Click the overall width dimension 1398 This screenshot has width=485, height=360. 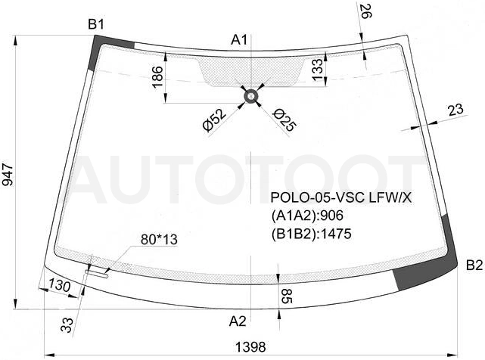[x=250, y=347]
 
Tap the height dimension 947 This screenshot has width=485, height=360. [x=8, y=175]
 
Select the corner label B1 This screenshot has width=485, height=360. [x=96, y=24]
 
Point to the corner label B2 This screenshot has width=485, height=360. [x=474, y=265]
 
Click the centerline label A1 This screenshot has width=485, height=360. [x=239, y=39]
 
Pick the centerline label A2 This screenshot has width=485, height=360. [x=238, y=321]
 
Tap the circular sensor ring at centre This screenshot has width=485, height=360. [x=251, y=97]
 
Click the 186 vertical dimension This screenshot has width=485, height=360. [x=157, y=77]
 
